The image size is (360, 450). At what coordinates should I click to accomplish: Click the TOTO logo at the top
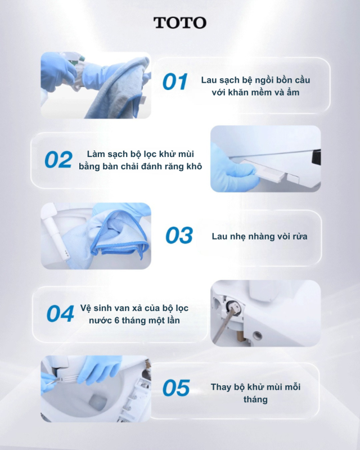180,22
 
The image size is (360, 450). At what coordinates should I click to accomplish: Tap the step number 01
175,82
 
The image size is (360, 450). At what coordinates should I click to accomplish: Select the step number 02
58,160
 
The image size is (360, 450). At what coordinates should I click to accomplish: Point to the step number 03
179,236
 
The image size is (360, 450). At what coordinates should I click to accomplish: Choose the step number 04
60,314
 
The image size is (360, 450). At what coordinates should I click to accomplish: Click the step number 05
176,388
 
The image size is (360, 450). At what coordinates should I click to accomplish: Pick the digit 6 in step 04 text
116,321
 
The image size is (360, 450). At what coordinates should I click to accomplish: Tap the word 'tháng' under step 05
255,399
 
